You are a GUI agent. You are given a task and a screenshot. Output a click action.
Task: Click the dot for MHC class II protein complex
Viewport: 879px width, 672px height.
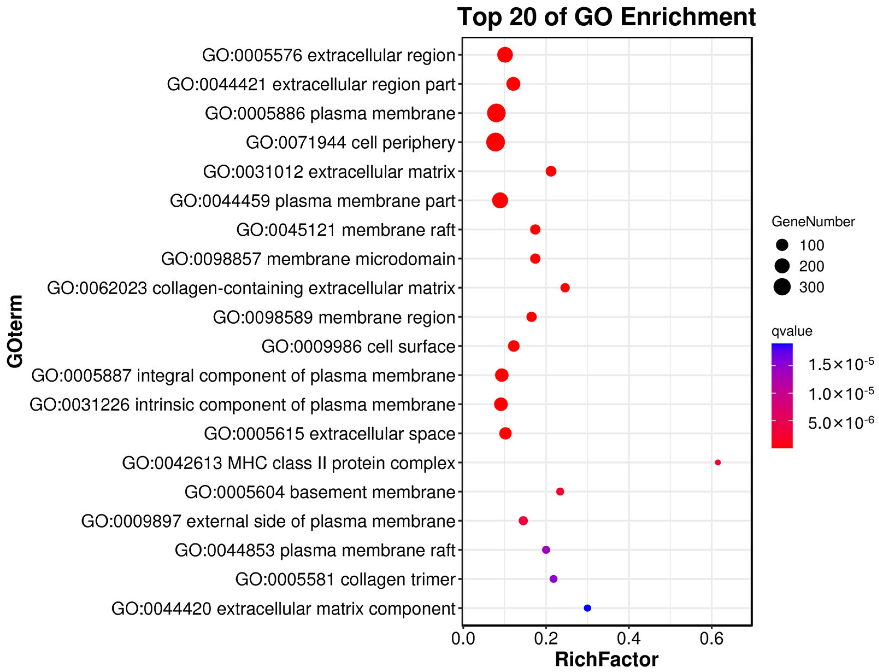[x=718, y=462]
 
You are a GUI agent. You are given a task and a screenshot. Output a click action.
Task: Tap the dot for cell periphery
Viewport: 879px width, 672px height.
[x=495, y=142]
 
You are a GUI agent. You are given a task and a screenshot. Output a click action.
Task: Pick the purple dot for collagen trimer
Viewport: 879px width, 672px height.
[x=553, y=579]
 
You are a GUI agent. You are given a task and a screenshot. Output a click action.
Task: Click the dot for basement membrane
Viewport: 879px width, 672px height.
[x=560, y=492]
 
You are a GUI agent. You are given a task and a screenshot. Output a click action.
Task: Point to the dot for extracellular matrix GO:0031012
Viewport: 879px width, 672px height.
[x=551, y=171]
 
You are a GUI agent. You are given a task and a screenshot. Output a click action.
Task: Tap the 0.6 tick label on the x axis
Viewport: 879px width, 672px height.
[x=712, y=639]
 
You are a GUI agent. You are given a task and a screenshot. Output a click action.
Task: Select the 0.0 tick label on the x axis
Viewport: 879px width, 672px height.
[x=463, y=639]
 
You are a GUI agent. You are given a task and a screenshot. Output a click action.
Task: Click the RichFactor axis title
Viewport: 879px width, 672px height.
[x=606, y=660]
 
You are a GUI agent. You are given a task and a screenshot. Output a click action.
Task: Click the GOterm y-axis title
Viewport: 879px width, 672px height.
[x=15, y=331]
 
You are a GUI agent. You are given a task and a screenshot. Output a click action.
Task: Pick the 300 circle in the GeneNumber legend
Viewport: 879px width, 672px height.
[x=782, y=287]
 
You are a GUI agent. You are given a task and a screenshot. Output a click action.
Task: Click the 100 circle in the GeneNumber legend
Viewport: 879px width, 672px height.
[x=782, y=245]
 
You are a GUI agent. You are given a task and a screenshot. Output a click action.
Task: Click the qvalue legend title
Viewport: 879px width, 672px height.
[x=792, y=331]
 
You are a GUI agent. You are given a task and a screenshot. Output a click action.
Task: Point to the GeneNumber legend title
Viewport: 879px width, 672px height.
[x=813, y=222]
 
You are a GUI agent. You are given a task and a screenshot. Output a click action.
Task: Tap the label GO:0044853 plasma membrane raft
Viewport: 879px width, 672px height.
[x=315, y=550]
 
